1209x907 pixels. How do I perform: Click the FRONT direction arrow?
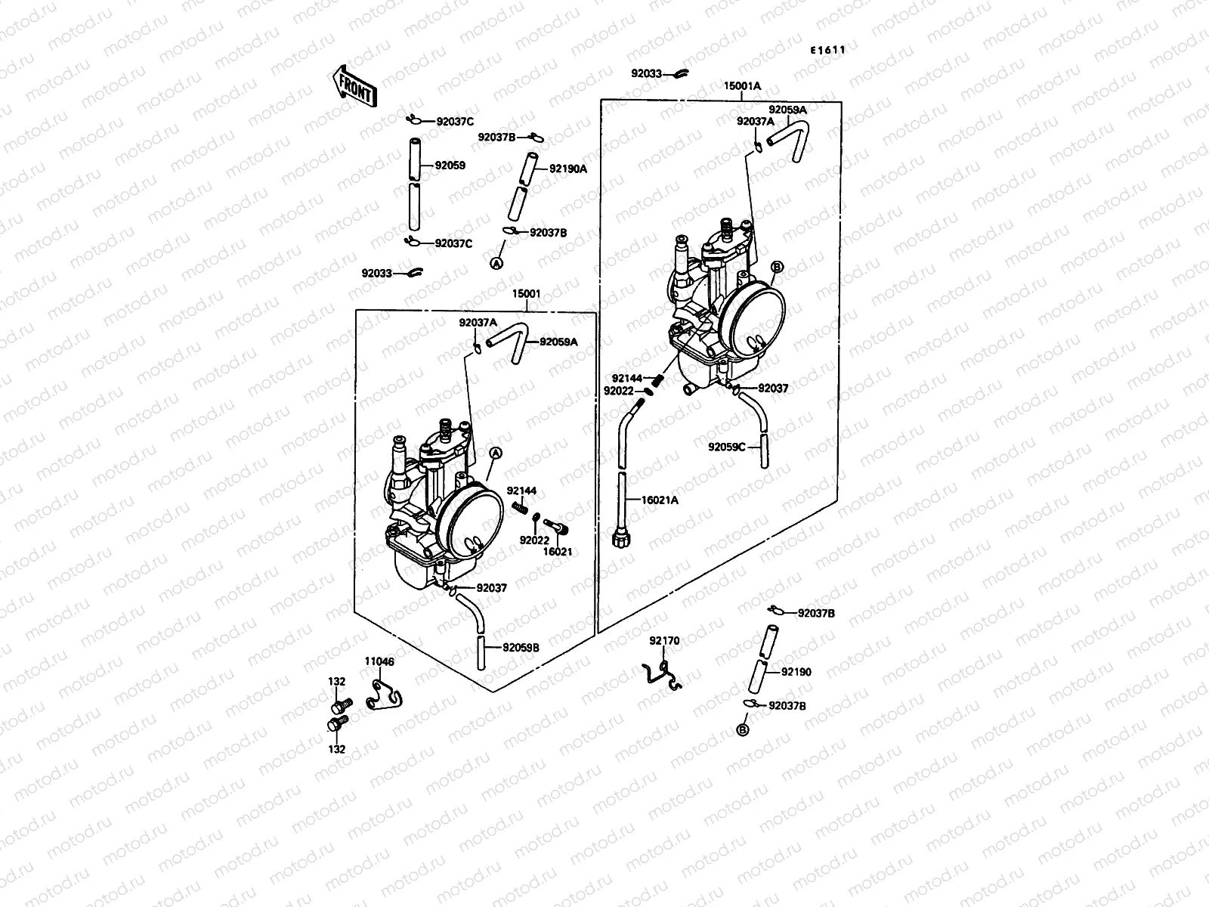tap(353, 85)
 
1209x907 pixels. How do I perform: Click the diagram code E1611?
tap(827, 50)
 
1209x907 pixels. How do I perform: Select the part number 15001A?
tap(742, 86)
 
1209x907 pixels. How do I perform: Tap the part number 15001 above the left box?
tap(526, 294)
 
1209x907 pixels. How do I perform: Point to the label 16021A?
tap(660, 500)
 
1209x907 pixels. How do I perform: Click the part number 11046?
tap(380, 661)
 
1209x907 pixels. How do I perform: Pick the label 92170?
tap(665, 641)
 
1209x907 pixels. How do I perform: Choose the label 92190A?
tap(567, 169)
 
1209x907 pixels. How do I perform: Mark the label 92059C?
tap(727, 447)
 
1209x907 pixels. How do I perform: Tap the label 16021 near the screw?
tap(558, 552)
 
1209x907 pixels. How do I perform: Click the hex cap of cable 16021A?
tap(620, 540)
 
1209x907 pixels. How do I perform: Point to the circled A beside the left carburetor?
tap(496, 453)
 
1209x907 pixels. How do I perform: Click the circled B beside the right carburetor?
tap(777, 267)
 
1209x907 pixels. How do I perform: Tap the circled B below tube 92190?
tap(742, 729)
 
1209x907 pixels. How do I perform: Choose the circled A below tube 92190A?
tap(496, 263)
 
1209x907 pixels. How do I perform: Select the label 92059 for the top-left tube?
tap(450, 166)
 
